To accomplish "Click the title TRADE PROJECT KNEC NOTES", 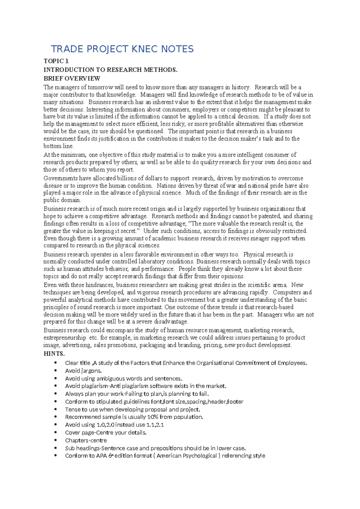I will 122,49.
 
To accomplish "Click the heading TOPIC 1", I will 56,61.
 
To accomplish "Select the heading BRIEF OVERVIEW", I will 72,79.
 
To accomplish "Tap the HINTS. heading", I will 54,354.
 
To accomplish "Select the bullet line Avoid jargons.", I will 83,371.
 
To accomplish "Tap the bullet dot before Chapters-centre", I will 55,440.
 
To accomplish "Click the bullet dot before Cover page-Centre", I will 55,432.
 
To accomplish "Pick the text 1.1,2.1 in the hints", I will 155,425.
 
